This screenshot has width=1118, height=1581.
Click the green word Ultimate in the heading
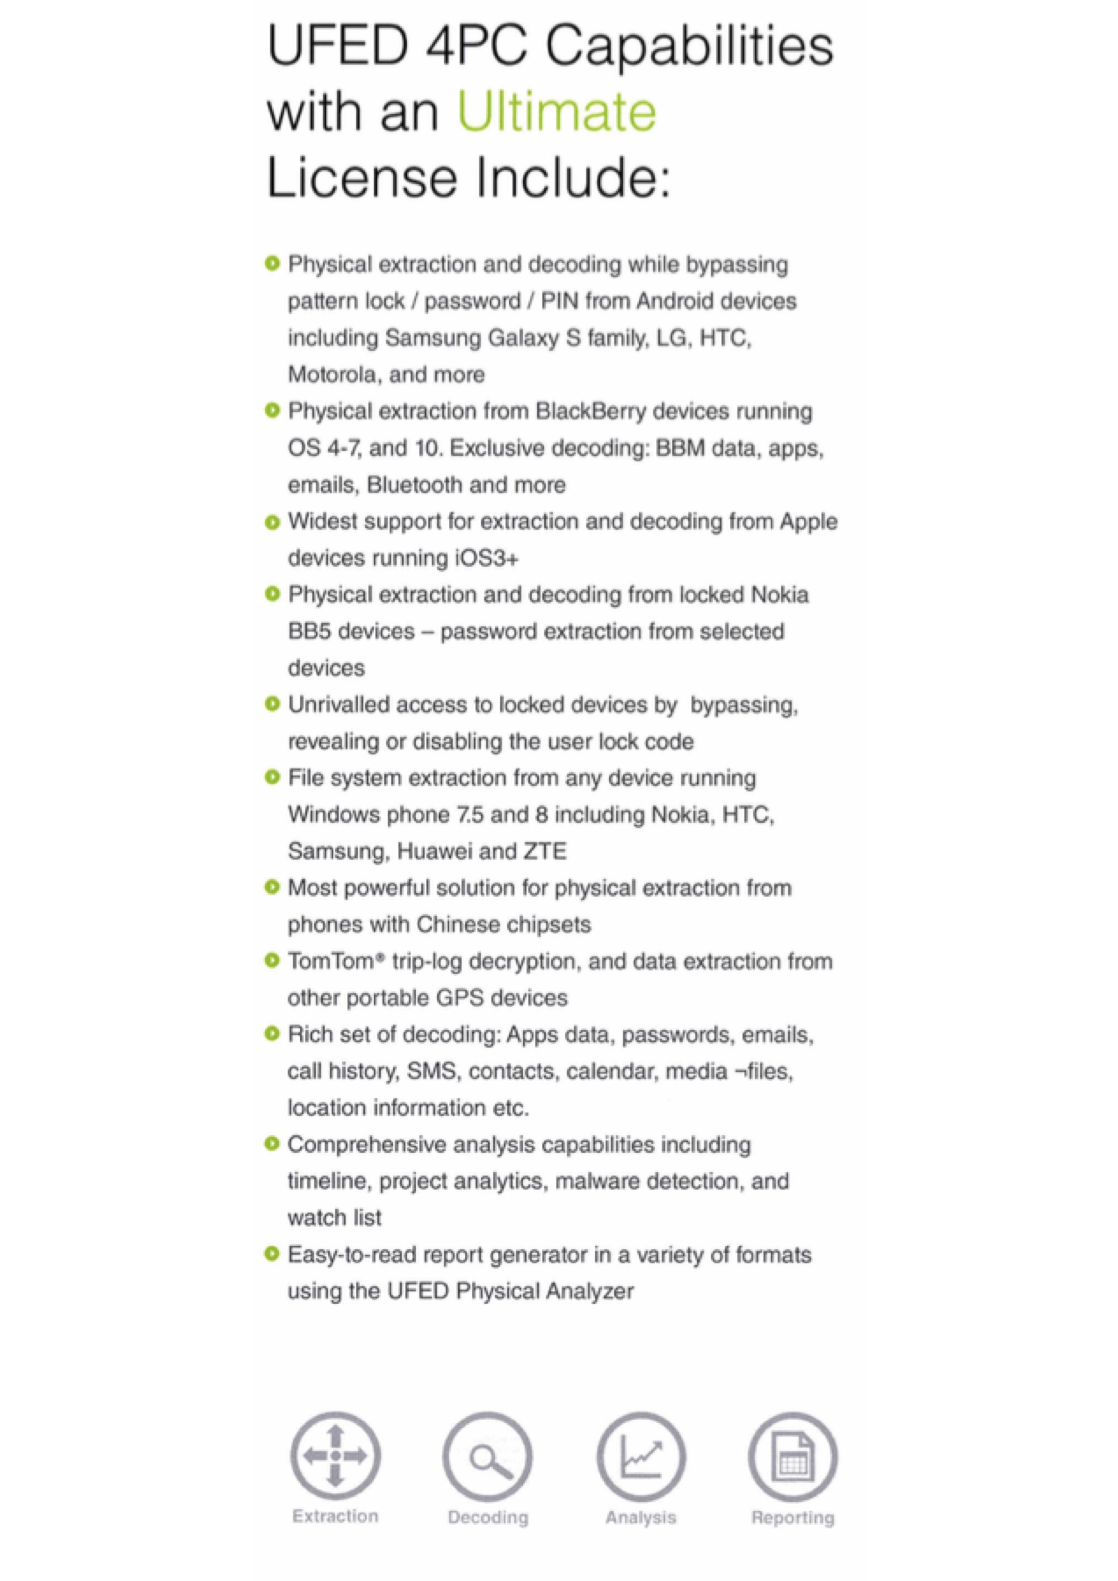pos(557,112)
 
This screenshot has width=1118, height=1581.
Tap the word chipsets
pos(549,924)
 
